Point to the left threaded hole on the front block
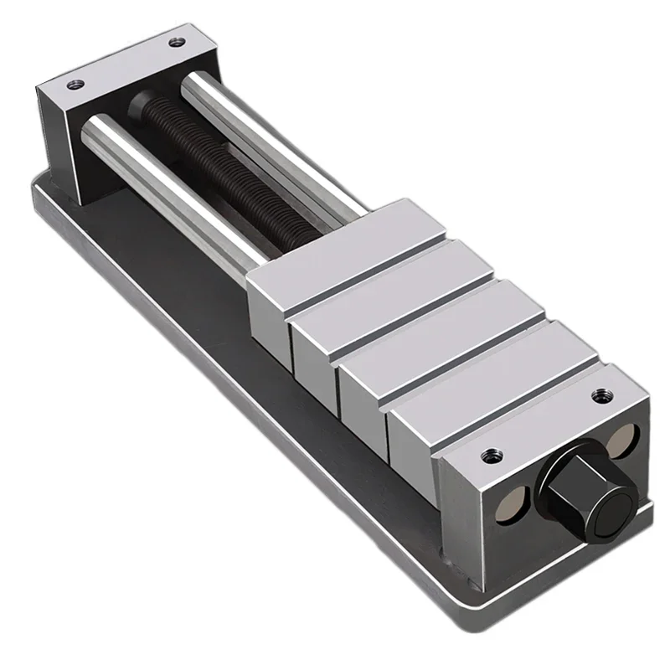(488, 456)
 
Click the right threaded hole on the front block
(599, 394)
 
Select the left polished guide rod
(167, 193)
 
